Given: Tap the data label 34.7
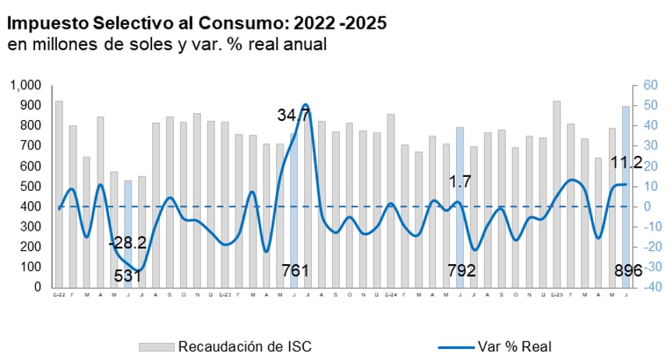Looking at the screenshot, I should (293, 115).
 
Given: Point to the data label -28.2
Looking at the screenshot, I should (127, 243).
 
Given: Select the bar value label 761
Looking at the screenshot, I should (295, 271).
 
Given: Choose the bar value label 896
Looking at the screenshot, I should (627, 271).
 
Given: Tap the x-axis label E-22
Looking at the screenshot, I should (58, 295).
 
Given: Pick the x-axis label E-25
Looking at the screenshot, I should (557, 295).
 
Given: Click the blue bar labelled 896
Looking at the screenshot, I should (626, 196).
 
